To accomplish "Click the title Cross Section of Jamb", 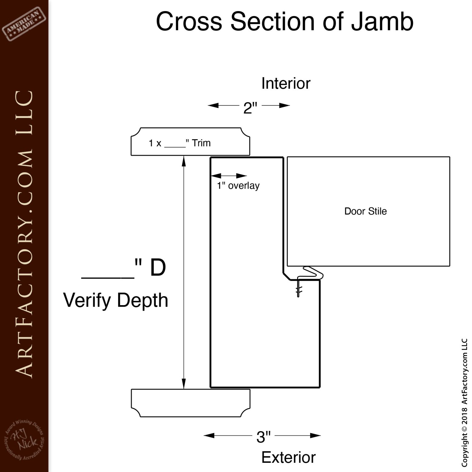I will click(285, 22).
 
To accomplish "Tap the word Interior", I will click(286, 84).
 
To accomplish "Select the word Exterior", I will click(288, 457).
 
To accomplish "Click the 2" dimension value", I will click(250, 108).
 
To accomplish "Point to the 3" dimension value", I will click(263, 437).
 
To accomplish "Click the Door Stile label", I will click(365, 211).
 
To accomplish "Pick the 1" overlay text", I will click(238, 186).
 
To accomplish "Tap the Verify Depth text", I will click(116, 300).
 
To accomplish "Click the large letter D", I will click(158, 268).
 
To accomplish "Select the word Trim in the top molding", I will click(201, 143).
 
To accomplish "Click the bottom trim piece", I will click(191, 403).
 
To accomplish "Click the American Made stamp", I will click(24, 24).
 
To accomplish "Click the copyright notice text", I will click(464, 402).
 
